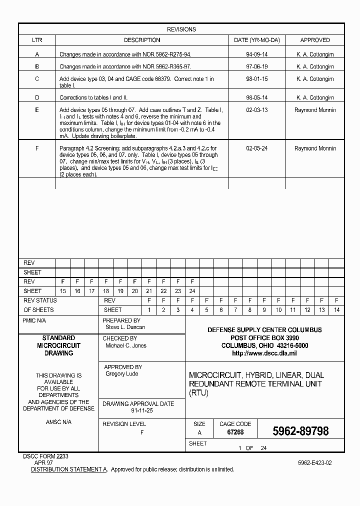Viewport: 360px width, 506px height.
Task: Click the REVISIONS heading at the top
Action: pyautogui.click(x=181, y=29)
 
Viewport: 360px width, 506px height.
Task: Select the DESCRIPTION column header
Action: pyautogui.click(x=142, y=40)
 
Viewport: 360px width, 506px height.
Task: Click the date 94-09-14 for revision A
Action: pyautogui.click(x=256, y=54)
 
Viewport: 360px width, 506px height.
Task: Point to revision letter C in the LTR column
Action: pyautogui.click(x=37, y=79)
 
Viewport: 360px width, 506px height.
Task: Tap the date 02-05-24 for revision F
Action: pyautogui.click(x=256, y=148)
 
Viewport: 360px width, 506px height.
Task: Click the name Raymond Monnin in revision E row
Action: pyautogui.click(x=315, y=110)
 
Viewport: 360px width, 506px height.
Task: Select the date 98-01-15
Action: pyautogui.click(x=256, y=79)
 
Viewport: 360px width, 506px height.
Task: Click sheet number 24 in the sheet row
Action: pyautogui.click(x=192, y=291)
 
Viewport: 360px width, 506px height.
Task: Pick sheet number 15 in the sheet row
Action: pyautogui.click(x=62, y=291)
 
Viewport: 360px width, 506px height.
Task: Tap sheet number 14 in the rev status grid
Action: pyautogui.click(x=336, y=310)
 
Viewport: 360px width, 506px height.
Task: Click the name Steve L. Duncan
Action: pyautogui.click(x=125, y=327)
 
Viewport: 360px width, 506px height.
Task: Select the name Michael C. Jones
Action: pyautogui.click(x=125, y=345)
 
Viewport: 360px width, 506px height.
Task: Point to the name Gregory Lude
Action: pyautogui.click(x=121, y=374)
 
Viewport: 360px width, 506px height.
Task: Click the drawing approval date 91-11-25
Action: pyautogui.click(x=142, y=410)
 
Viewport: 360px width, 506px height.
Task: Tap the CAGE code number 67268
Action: pyautogui.click(x=235, y=432)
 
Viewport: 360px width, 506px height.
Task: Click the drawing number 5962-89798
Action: pyautogui.click(x=300, y=431)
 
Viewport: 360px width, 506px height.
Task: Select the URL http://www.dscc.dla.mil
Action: pyautogui.click(x=264, y=353)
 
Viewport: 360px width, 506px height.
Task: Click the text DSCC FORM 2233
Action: pyautogui.click(x=45, y=456)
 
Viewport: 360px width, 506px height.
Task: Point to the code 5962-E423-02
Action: pyautogui.click(x=314, y=463)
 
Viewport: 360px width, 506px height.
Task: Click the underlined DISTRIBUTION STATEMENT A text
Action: pyautogui.click(x=69, y=469)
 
